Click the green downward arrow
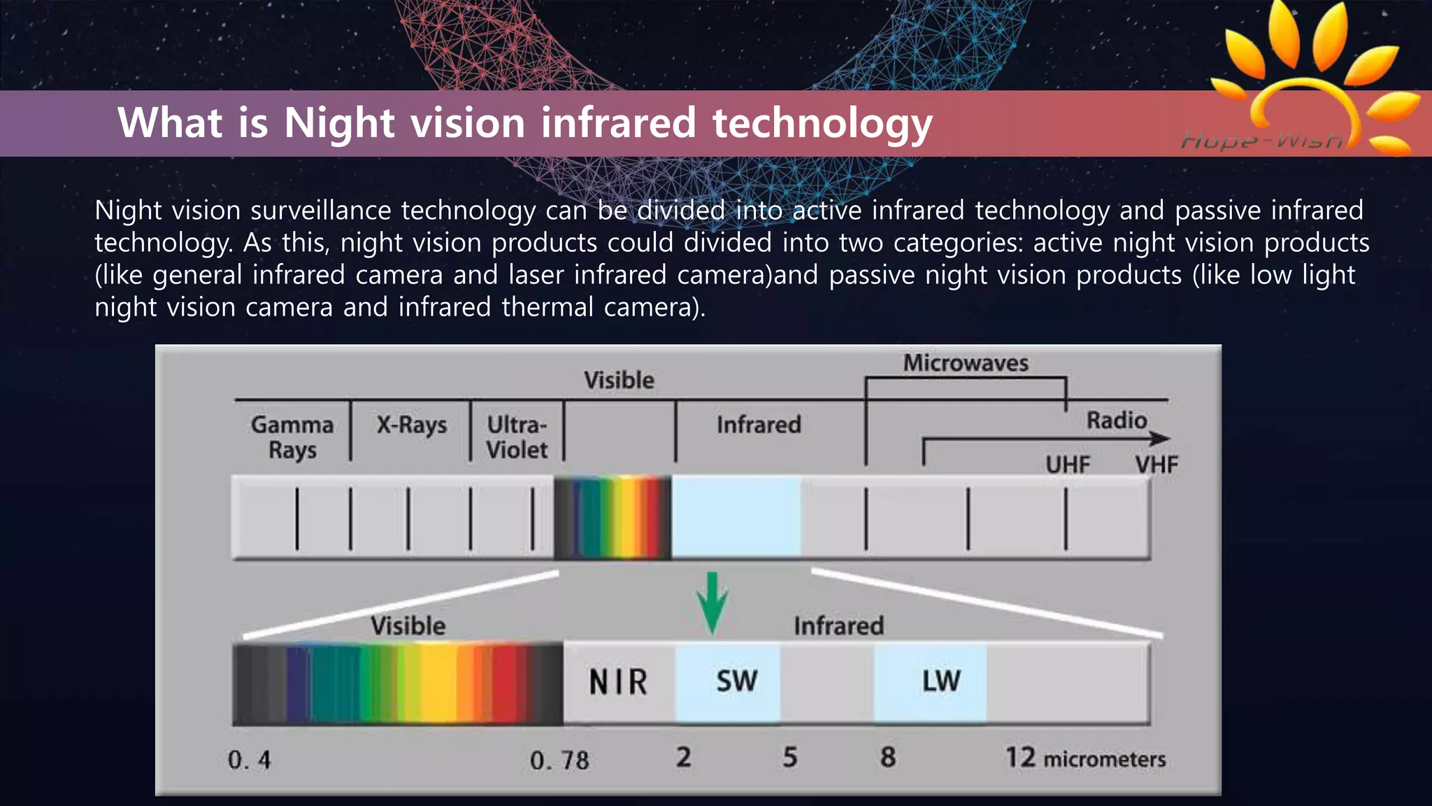[x=712, y=601]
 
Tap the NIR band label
[x=618, y=682]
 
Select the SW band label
[x=736, y=681]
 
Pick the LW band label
[x=941, y=681]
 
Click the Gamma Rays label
[x=292, y=437]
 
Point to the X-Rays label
[x=411, y=425]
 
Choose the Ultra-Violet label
[x=517, y=437]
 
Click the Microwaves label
[x=966, y=363]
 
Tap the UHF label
[x=1068, y=465]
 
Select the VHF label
[x=1157, y=465]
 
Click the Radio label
[x=1117, y=420]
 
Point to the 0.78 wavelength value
[x=559, y=760]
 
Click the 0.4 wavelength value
[x=250, y=760]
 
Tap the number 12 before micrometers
[x=1020, y=758]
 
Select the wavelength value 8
[x=888, y=757]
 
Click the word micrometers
[x=1105, y=759]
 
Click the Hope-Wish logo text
[x=1262, y=141]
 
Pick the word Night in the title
[x=340, y=123]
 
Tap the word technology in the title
[x=822, y=123]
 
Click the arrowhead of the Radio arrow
[x=1161, y=439]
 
